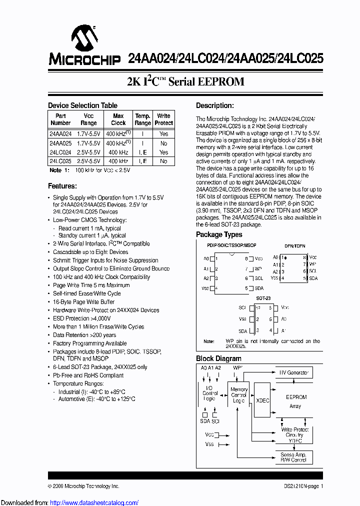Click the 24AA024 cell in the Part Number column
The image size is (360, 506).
[x=60, y=134]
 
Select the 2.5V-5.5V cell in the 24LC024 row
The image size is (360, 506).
[x=88, y=152]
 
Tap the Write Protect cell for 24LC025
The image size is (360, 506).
[x=163, y=161]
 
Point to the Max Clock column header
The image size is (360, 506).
[x=118, y=119]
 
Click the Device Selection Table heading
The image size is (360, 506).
[x=82, y=105]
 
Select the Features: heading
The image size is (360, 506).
[x=62, y=186]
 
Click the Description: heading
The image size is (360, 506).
[x=214, y=105]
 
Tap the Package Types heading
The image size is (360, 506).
[x=219, y=234]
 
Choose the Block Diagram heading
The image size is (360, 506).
[x=218, y=358]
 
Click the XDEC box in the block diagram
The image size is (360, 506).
[x=262, y=401]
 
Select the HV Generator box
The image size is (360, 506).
[x=293, y=372]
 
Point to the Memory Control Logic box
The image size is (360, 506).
[x=239, y=395]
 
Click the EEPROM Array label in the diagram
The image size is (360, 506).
[x=296, y=401]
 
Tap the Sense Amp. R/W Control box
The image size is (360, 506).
[x=293, y=457]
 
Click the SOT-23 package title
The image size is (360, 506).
[x=263, y=298]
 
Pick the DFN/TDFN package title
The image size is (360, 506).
[x=294, y=246]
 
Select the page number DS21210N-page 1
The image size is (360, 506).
[x=300, y=486]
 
